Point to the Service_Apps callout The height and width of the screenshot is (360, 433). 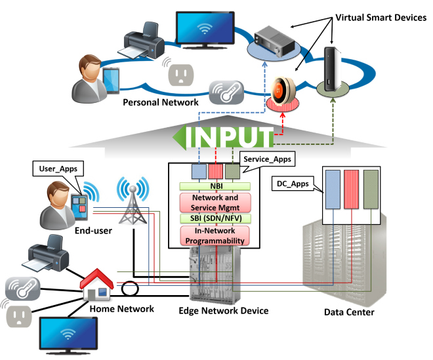[x=265, y=159]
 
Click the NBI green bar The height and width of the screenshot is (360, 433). [x=212, y=186]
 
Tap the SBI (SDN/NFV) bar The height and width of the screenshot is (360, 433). [x=212, y=218]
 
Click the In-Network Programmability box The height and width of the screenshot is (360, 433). [x=212, y=235]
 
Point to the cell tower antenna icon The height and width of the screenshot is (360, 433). [x=135, y=196]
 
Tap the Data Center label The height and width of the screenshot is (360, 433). [x=349, y=312]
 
